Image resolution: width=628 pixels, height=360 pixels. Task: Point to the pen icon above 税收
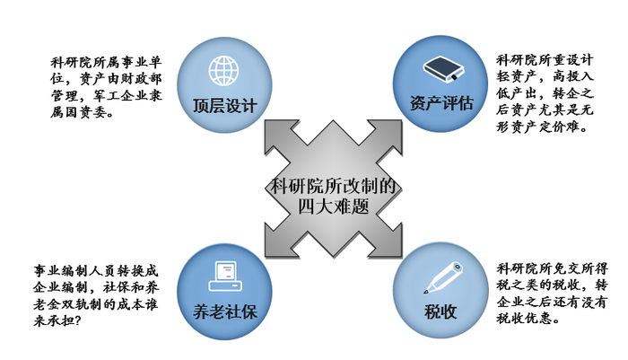440,276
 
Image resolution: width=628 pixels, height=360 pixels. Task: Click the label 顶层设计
224,105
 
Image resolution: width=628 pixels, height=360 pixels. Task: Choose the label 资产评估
440,102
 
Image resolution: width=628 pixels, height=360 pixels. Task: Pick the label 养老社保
224,312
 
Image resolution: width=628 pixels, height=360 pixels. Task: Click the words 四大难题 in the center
333,206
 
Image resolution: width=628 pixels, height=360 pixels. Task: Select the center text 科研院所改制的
333,187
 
